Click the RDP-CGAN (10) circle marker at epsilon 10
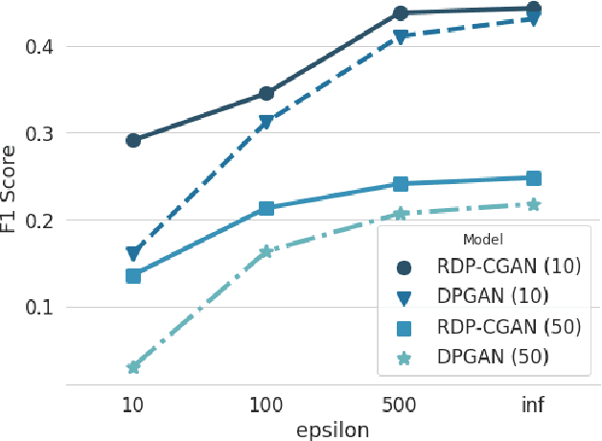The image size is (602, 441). (133, 140)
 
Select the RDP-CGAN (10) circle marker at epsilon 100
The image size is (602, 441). (266, 94)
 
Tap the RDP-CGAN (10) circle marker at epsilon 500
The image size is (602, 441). (400, 13)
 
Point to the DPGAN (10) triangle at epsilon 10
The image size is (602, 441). (133, 254)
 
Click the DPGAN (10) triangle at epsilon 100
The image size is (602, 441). (266, 123)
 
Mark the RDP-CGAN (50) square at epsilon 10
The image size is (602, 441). (133, 276)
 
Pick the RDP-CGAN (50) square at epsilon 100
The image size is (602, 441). (266, 208)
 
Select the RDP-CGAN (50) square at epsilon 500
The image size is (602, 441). (400, 184)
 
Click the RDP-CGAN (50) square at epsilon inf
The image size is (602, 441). (534, 178)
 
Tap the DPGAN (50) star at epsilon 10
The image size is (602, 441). (133, 367)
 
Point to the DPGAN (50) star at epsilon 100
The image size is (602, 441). (266, 251)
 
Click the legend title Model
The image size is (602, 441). (483, 240)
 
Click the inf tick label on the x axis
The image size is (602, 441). (533, 404)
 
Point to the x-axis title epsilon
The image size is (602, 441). (332, 429)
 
